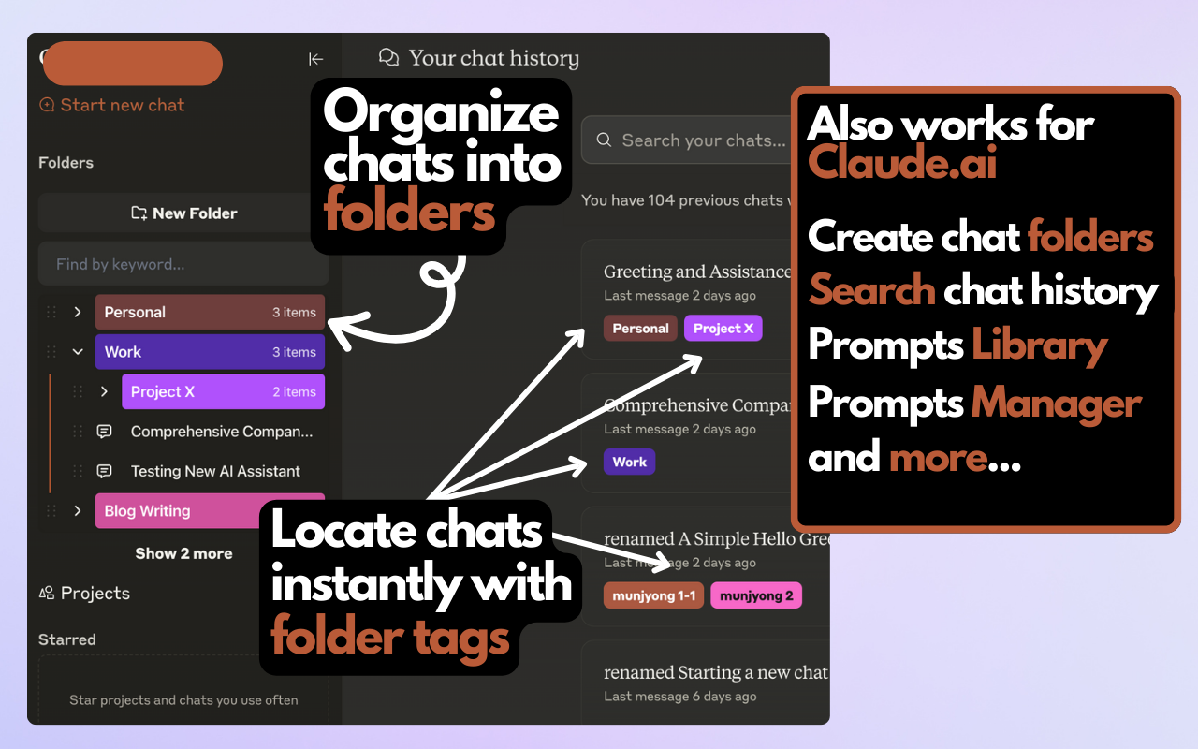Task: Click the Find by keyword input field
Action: click(x=183, y=265)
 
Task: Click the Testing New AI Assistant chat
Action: click(x=215, y=472)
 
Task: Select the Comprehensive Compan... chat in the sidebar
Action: click(x=221, y=432)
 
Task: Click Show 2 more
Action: click(x=183, y=553)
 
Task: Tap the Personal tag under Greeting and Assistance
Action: click(x=640, y=329)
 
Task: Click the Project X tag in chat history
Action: click(x=723, y=329)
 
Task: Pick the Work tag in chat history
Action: click(x=629, y=463)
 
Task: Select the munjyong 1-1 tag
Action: click(x=653, y=595)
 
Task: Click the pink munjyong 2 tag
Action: click(x=756, y=595)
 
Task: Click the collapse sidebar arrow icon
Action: click(x=315, y=59)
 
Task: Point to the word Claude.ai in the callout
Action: click(x=902, y=162)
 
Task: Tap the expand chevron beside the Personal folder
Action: click(x=78, y=313)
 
